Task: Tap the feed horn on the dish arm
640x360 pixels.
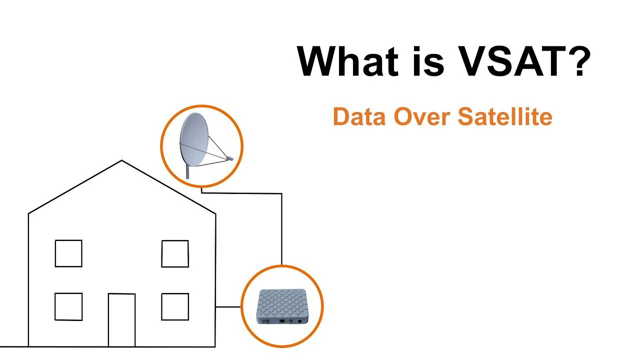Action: point(229,158)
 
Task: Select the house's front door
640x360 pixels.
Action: point(121,320)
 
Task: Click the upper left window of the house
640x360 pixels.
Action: point(68,253)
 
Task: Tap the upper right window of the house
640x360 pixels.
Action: point(175,253)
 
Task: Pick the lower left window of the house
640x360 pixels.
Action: point(68,306)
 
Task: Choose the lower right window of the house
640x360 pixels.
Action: point(175,306)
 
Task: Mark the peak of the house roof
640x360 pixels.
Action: point(121,161)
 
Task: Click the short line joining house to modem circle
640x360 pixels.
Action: point(228,306)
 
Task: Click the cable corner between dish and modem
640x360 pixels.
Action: point(281,193)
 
